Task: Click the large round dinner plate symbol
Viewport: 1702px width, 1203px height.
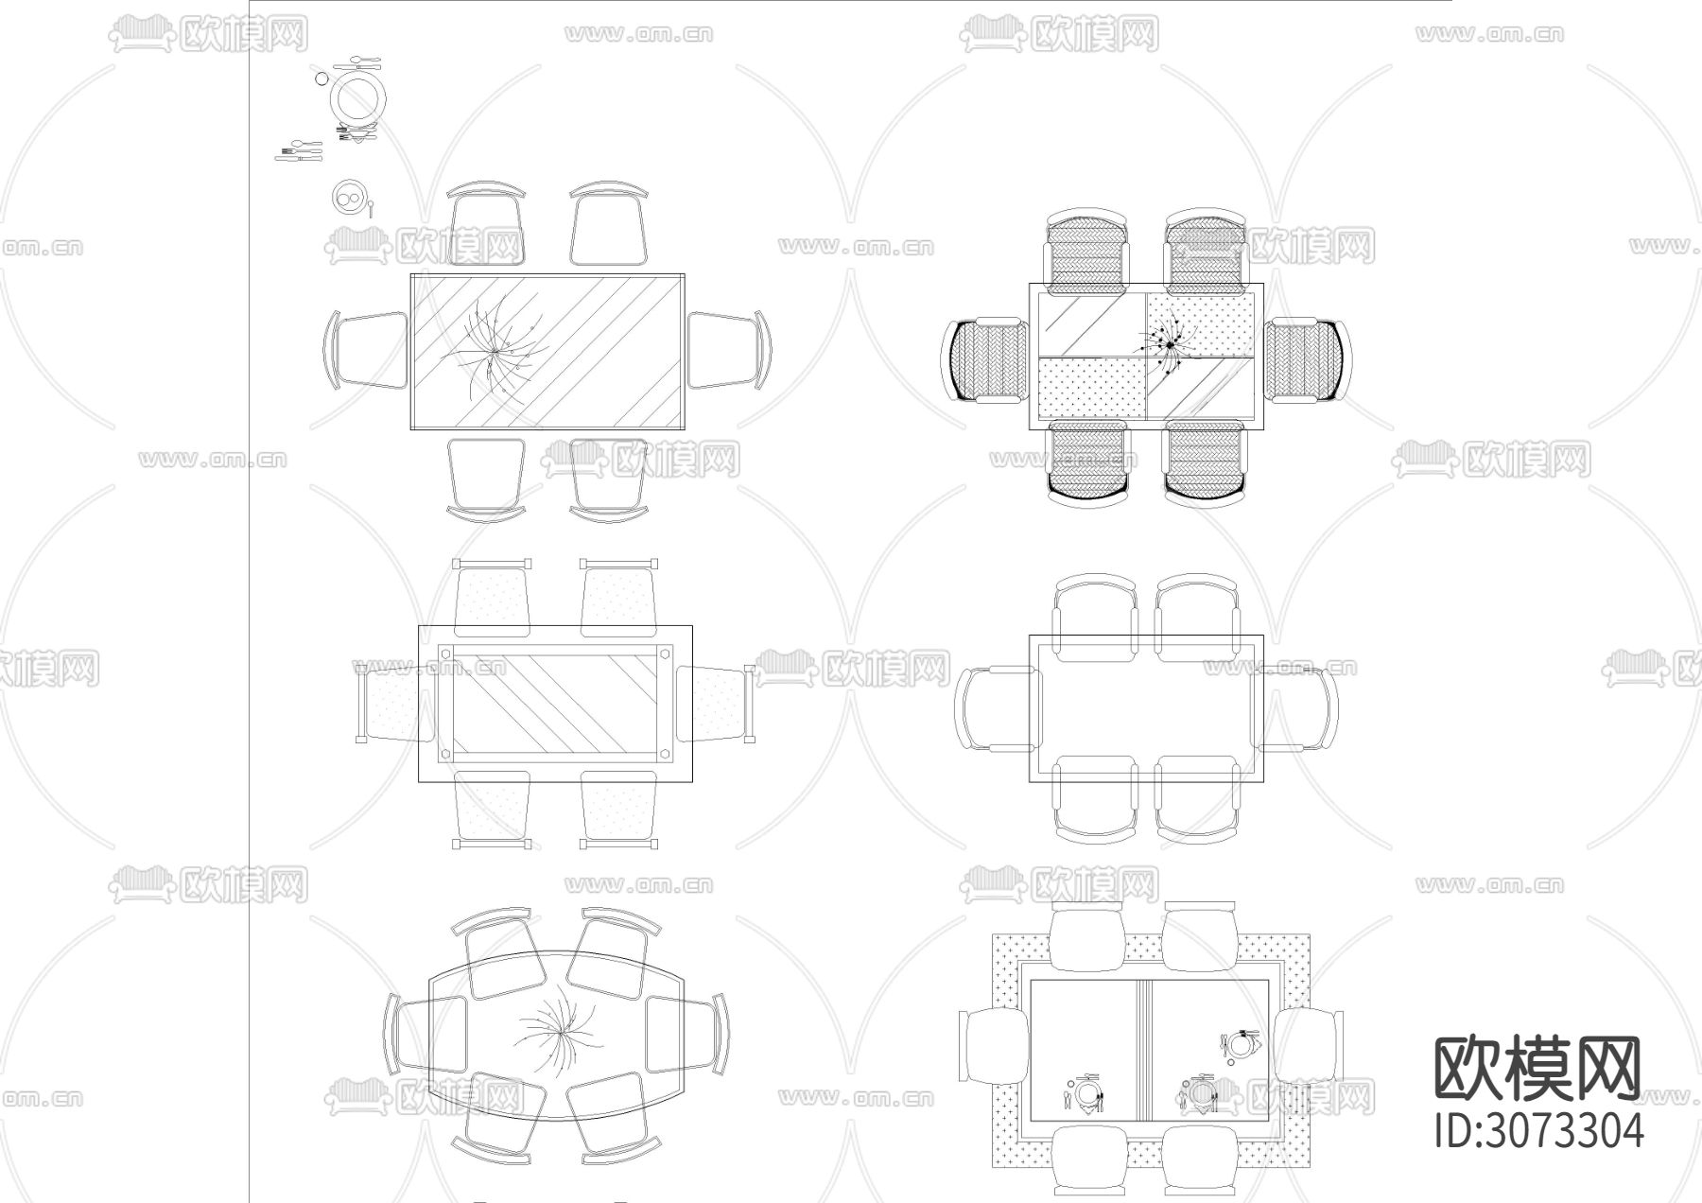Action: (356, 96)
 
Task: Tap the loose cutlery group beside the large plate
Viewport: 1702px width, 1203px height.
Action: (299, 151)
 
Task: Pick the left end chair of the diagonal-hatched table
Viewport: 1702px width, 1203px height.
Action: (367, 350)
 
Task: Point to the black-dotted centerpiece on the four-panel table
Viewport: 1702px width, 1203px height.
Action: (1171, 347)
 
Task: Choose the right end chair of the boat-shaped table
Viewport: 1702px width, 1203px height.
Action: (686, 1033)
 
